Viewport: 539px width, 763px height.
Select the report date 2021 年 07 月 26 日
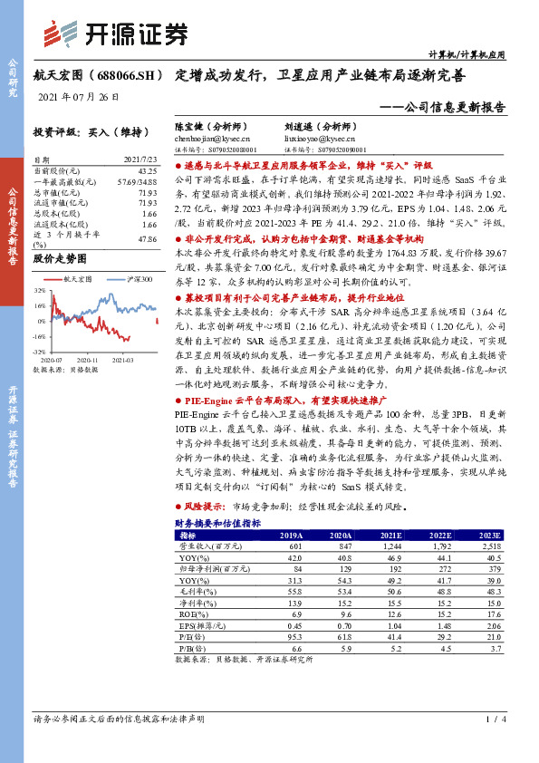point(91,96)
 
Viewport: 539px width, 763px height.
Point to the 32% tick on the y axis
point(39,292)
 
